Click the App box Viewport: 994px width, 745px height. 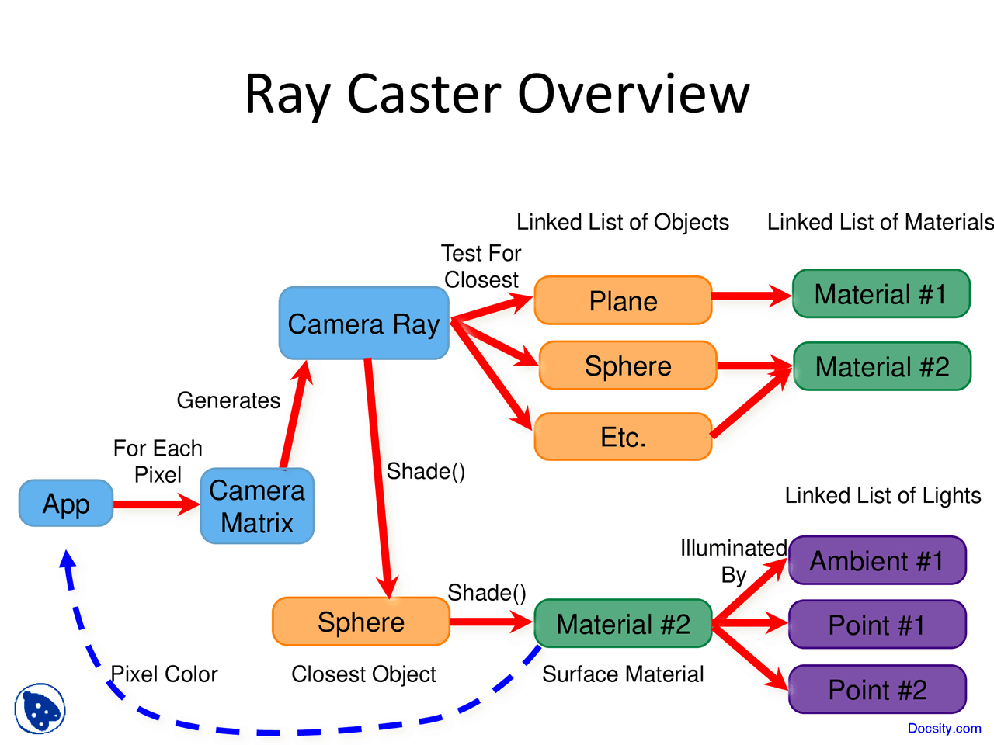tap(66, 504)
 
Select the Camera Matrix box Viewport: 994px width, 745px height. tap(257, 506)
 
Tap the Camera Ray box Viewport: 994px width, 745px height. tap(363, 324)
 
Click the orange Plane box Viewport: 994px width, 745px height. tap(623, 300)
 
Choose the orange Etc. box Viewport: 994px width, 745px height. tap(623, 437)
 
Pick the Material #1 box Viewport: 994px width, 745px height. tap(881, 294)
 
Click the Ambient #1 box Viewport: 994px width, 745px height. tap(877, 560)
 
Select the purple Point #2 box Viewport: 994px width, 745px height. tap(877, 689)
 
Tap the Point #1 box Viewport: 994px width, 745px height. tap(877, 625)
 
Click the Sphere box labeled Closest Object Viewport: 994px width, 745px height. tap(361, 622)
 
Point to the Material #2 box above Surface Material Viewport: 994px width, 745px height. tap(623, 623)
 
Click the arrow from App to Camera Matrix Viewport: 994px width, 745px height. tap(155, 505)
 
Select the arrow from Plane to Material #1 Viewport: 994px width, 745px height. tap(750, 296)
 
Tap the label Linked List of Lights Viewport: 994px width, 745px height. tap(883, 495)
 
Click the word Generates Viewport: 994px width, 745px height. tap(228, 400)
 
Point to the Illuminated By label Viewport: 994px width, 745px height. tap(733, 560)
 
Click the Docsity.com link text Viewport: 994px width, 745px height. tap(944, 728)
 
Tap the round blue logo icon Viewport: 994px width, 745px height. tap(40, 708)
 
